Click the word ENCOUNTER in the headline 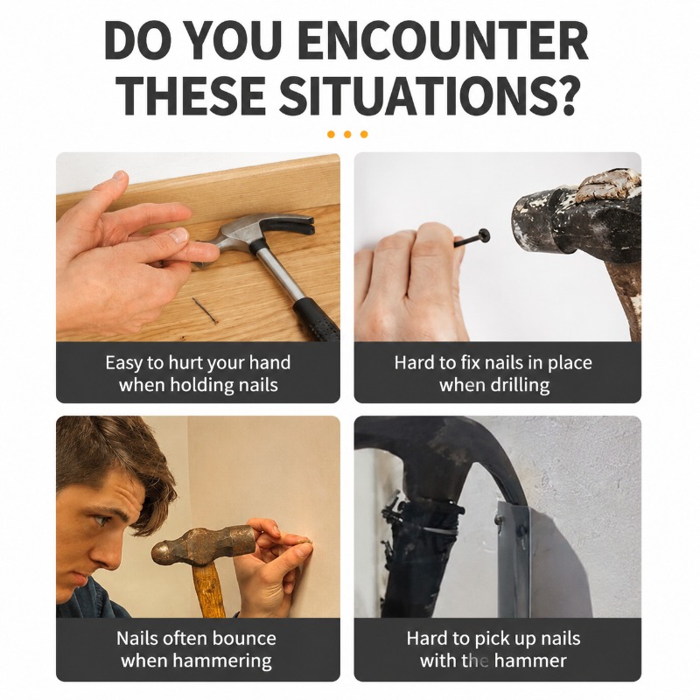coord(445,41)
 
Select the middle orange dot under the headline coord(347,134)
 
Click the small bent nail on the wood coord(206,311)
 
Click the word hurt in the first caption coord(186,362)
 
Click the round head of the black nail coord(484,235)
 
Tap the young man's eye coord(101,520)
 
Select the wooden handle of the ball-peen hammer coord(209,589)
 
